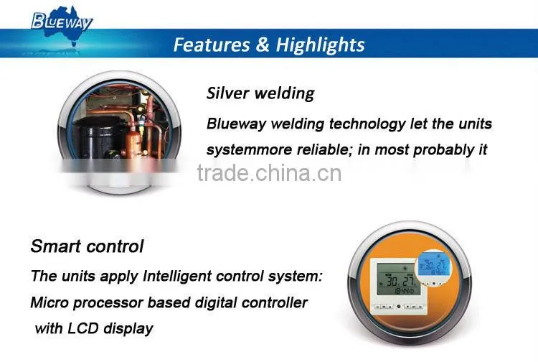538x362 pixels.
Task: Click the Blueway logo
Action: click(62, 22)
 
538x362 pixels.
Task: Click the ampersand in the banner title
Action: click(263, 45)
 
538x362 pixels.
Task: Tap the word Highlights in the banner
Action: click(320, 45)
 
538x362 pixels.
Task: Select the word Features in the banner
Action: click(212, 45)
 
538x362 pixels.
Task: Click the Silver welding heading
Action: click(260, 93)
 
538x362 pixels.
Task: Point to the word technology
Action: click(367, 124)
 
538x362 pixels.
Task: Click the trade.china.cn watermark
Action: click(269, 173)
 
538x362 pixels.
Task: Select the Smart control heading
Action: click(87, 246)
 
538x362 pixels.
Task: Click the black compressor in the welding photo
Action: click(96, 137)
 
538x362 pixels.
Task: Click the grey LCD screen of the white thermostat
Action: click(398, 279)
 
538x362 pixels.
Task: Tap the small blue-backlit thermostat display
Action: click(434, 266)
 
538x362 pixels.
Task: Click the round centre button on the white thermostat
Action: click(399, 306)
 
